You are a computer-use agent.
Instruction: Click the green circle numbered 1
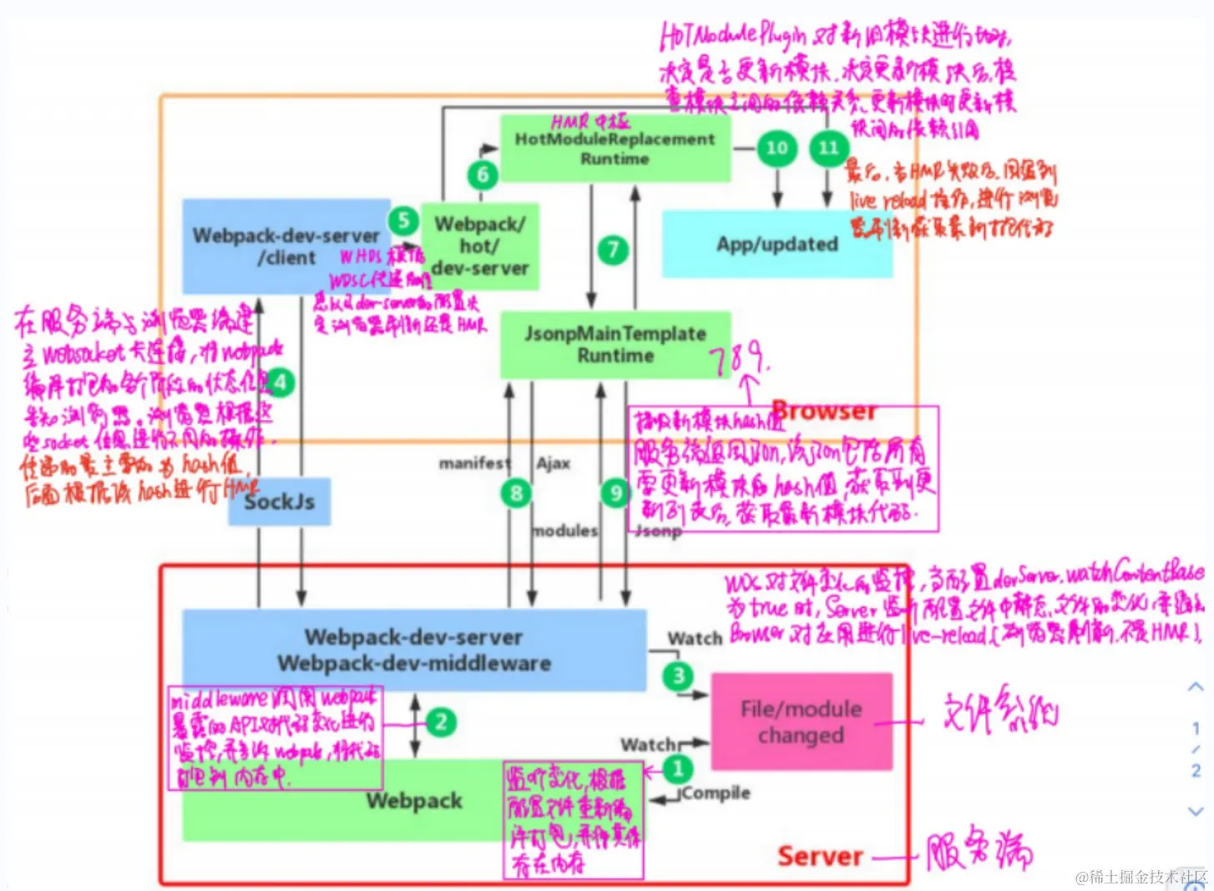pos(677,767)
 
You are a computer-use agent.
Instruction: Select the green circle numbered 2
pos(441,721)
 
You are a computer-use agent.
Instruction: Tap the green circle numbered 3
pos(678,675)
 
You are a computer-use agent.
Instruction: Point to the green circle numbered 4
pos(281,383)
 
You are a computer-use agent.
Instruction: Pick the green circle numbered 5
pos(403,220)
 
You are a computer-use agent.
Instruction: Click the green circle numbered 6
pos(483,175)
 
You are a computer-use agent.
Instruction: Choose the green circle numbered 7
pos(613,249)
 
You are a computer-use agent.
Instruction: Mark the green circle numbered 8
pos(516,493)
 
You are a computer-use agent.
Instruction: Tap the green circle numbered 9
pos(615,493)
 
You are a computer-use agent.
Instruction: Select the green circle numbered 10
pos(776,148)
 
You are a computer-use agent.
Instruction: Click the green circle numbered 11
pos(827,148)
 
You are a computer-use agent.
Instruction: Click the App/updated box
pos(776,244)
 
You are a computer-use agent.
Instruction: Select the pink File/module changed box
pos(801,721)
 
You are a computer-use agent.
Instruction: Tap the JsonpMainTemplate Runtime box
pos(615,345)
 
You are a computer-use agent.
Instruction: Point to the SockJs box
pos(280,502)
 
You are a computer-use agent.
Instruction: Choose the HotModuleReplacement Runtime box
pos(615,149)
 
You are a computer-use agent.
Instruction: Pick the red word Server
pos(819,856)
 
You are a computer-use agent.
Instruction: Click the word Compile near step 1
pos(716,792)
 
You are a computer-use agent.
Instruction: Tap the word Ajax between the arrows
pos(553,463)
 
